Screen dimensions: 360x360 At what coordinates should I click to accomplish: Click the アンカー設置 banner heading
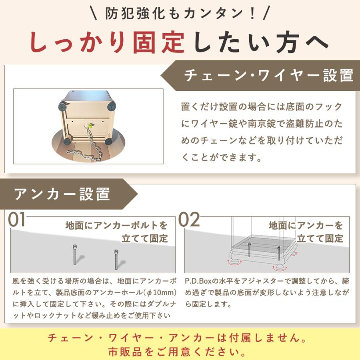(62, 194)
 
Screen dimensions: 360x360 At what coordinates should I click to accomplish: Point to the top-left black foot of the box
(63, 106)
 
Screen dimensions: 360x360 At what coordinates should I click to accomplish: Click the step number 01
(18, 220)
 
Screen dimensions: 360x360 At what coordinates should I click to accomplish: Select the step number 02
(189, 220)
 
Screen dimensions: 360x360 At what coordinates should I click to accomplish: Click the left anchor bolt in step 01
(74, 254)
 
